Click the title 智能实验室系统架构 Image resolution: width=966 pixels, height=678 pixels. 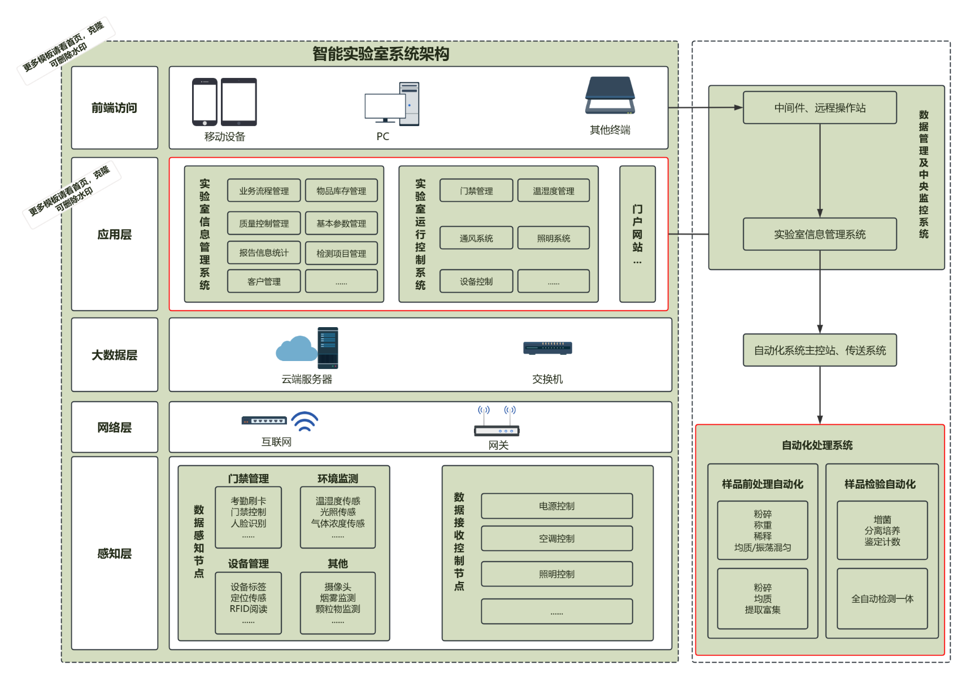pyautogui.click(x=381, y=54)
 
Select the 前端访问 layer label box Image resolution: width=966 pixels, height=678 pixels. pyautogui.click(x=115, y=108)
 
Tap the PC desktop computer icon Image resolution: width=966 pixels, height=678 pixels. pyautogui.click(x=392, y=104)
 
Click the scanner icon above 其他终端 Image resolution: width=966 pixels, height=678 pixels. pyautogui.click(x=610, y=95)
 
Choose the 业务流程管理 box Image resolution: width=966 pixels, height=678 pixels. pyautogui.click(x=264, y=191)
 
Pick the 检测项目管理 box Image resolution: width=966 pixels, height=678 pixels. pyautogui.click(x=341, y=253)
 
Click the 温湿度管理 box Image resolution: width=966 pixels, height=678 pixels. pyautogui.click(x=553, y=191)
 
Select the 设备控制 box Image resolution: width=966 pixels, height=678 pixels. pyautogui.click(x=476, y=281)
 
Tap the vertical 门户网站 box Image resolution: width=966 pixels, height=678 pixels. pyautogui.click(x=637, y=234)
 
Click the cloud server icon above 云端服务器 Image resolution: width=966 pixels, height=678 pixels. pyautogui.click(x=307, y=348)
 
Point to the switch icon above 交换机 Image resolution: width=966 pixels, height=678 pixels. pyautogui.click(x=547, y=348)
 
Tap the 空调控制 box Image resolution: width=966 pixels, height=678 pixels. pyautogui.click(x=556, y=538)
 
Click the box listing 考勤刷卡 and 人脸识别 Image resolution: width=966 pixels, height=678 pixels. pyautogui.click(x=248, y=517)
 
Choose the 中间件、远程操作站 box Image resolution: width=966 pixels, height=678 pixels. pyautogui.click(x=819, y=108)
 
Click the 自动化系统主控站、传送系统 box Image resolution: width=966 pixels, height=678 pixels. pyautogui.click(x=819, y=350)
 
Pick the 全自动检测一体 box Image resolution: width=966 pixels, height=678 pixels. pyautogui.click(x=882, y=599)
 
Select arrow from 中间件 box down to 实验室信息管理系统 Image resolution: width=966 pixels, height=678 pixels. pyautogui.click(x=820, y=169)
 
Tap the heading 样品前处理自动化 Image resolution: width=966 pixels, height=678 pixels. pyautogui.click(x=762, y=484)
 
